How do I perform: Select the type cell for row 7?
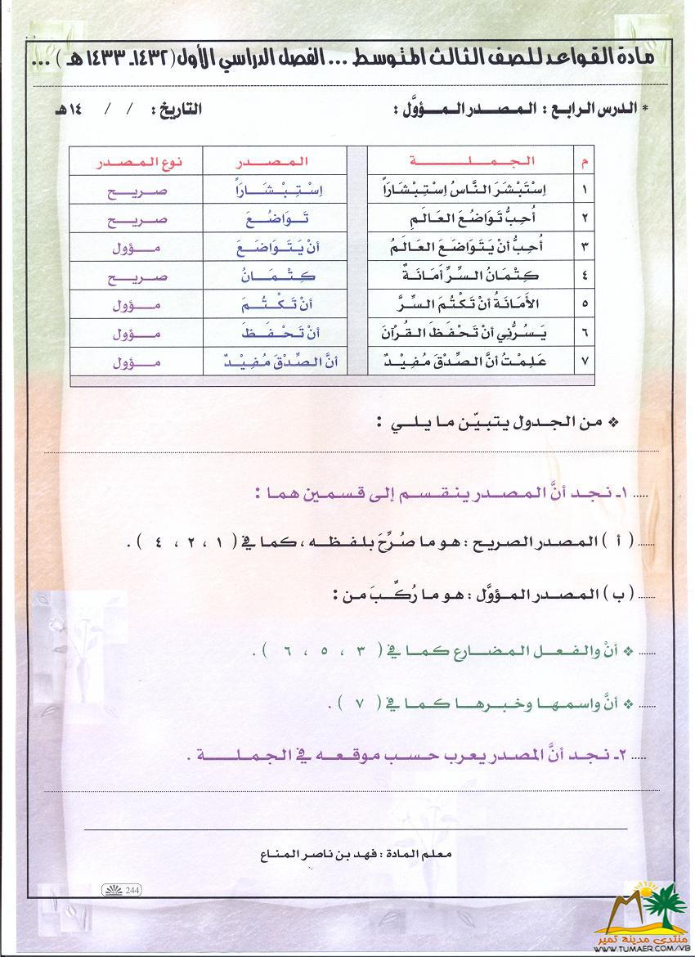coord(134,362)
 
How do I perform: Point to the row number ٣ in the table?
coord(584,247)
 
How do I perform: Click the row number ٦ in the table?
coord(584,333)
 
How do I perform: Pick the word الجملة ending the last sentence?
coord(235,757)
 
